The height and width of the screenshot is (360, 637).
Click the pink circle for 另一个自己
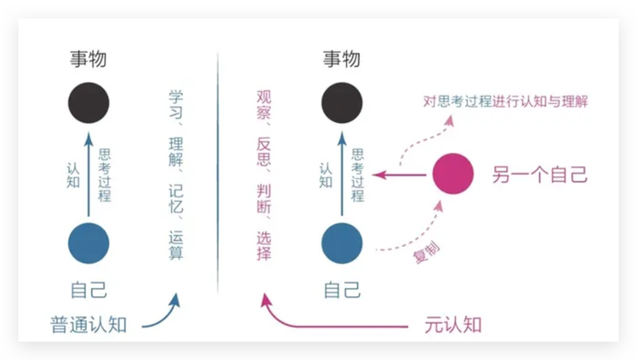453,174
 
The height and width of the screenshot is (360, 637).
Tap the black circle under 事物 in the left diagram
88,103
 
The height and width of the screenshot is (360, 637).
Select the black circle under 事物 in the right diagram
342,103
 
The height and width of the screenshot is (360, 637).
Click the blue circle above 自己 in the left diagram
88,243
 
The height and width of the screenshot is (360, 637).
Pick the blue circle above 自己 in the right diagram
342,243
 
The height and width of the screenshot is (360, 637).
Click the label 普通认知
88,325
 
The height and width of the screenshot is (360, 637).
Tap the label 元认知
453,325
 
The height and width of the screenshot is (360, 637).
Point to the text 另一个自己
539,175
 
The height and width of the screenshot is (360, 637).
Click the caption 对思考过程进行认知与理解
505,101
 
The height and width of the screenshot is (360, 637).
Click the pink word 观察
264,104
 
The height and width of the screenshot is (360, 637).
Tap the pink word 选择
264,246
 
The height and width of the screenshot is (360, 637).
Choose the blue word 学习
176,104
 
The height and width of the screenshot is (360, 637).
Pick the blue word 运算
176,246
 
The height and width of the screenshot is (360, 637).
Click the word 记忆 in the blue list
176,199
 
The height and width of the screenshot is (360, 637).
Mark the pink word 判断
264,199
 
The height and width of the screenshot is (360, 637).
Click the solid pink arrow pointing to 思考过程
399,175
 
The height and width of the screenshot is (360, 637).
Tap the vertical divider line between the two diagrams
217,174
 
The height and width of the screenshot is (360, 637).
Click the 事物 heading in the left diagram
88,60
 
